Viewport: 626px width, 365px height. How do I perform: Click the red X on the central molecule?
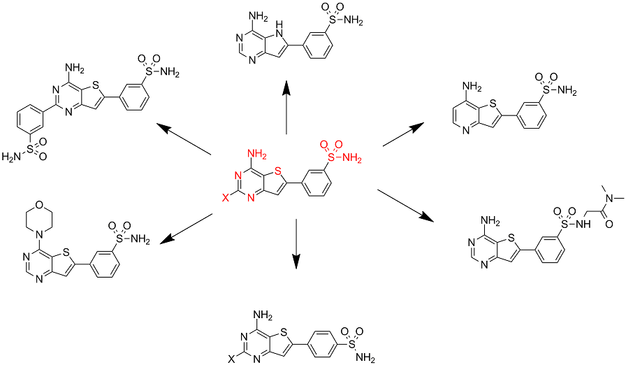(x=225, y=199)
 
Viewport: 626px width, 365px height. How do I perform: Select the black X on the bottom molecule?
(x=231, y=359)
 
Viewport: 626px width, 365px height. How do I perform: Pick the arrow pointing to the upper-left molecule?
(x=184, y=139)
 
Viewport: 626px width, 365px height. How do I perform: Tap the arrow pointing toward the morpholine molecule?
(x=187, y=229)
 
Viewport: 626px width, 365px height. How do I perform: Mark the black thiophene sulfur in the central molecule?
(x=277, y=169)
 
